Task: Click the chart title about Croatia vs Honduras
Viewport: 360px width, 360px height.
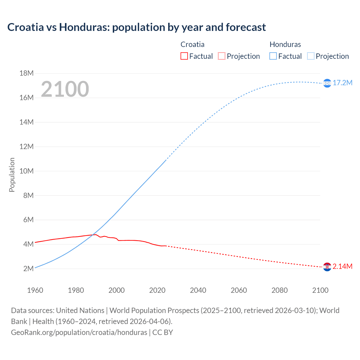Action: click(136, 27)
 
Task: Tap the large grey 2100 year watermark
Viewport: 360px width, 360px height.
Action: click(65, 89)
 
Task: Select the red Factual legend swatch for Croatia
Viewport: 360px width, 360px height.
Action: click(184, 56)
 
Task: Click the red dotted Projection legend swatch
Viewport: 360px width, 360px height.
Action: click(222, 56)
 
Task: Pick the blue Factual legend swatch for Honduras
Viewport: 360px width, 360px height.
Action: click(273, 56)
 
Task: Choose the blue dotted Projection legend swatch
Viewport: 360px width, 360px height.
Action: click(310, 56)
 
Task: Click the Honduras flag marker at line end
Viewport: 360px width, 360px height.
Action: click(327, 83)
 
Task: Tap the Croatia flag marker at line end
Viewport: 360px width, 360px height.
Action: click(327, 267)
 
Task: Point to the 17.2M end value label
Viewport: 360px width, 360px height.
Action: click(343, 83)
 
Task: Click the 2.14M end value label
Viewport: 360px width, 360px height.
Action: click(343, 266)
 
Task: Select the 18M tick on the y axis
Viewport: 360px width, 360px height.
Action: click(26, 73)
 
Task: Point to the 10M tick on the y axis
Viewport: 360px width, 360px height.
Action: click(26, 171)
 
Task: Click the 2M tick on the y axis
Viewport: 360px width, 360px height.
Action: click(28, 269)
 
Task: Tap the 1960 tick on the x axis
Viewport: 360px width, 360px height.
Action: click(35, 290)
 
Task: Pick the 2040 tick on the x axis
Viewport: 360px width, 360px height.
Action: click(198, 290)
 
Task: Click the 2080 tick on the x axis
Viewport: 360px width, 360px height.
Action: click(280, 290)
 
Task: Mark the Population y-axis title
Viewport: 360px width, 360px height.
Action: click(12, 175)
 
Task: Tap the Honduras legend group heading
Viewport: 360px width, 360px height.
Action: click(285, 44)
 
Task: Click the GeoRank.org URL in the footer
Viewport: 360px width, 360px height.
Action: click(79, 332)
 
